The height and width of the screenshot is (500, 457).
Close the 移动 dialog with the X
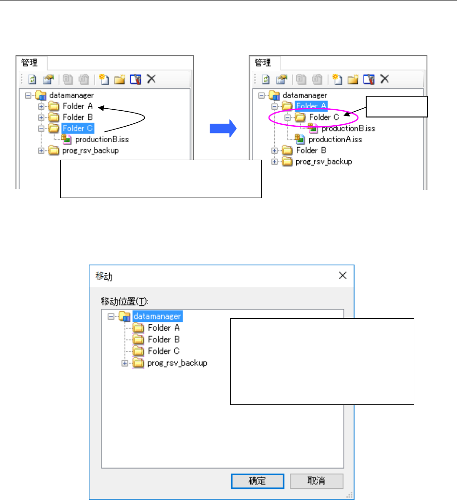tap(342, 276)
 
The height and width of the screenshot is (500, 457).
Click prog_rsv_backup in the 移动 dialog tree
tap(177, 363)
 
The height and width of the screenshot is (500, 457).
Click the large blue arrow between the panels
tap(222, 129)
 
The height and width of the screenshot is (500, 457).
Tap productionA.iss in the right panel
tap(335, 139)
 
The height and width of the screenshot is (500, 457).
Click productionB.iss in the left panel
tap(102, 139)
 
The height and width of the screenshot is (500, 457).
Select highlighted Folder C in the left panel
tap(78, 128)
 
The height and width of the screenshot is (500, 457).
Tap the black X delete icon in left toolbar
tap(151, 79)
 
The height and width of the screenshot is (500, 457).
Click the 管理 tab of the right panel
tap(263, 63)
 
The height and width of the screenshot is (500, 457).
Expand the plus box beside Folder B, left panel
tap(41, 117)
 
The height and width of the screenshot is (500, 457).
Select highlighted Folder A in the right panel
tap(311, 105)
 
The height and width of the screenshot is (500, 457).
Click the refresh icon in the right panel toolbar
tap(266, 79)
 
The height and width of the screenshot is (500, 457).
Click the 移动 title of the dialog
tap(102, 276)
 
